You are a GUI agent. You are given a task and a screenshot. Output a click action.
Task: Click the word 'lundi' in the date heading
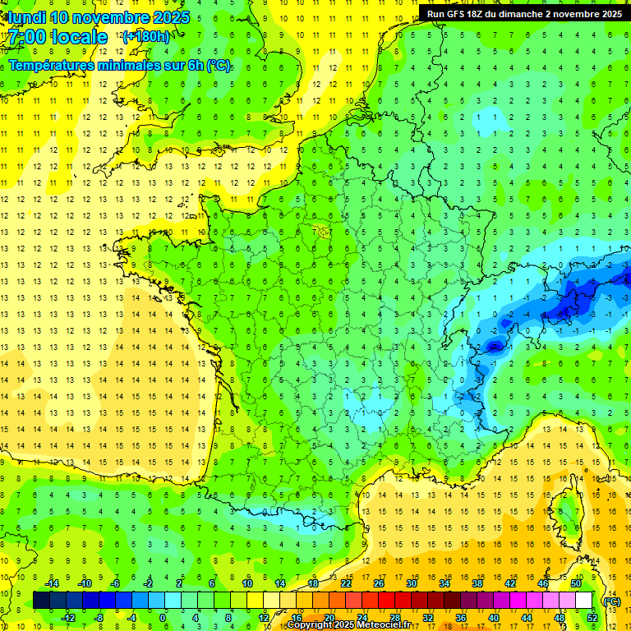[x=26, y=17]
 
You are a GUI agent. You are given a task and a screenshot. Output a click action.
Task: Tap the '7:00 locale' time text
[x=58, y=37]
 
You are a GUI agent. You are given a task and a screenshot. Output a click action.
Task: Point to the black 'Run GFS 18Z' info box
[x=523, y=13]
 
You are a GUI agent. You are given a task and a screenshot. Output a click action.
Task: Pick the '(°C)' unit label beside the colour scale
[x=611, y=601]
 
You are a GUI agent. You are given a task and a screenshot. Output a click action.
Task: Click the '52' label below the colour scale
[x=592, y=618]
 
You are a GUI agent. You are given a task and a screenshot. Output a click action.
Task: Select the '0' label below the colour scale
[x=163, y=618]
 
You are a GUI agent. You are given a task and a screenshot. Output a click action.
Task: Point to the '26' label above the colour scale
[x=379, y=583]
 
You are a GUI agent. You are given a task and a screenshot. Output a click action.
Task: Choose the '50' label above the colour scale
[x=575, y=583]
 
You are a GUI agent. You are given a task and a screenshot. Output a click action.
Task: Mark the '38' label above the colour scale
[x=477, y=583]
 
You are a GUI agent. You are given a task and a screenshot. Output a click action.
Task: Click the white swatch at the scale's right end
[x=584, y=600]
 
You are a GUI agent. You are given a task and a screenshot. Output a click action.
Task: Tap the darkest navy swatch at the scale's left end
[x=41, y=600]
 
